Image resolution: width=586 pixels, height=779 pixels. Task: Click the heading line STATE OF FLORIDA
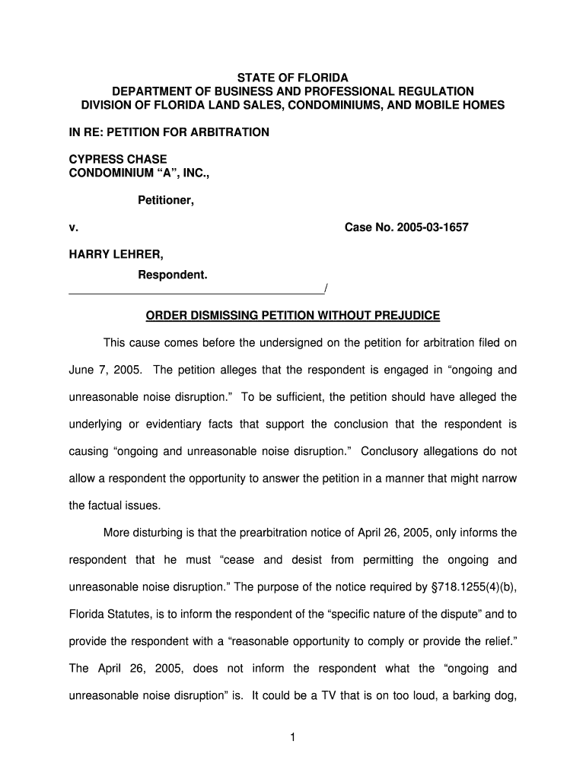(292, 78)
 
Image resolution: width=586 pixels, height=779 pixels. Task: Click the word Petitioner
(165, 201)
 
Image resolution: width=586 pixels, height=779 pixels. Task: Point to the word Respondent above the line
(172, 274)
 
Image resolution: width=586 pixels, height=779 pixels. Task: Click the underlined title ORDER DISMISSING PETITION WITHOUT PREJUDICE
(293, 315)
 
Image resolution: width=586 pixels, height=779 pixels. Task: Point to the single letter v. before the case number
(73, 227)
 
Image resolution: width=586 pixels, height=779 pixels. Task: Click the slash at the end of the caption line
(325, 288)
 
